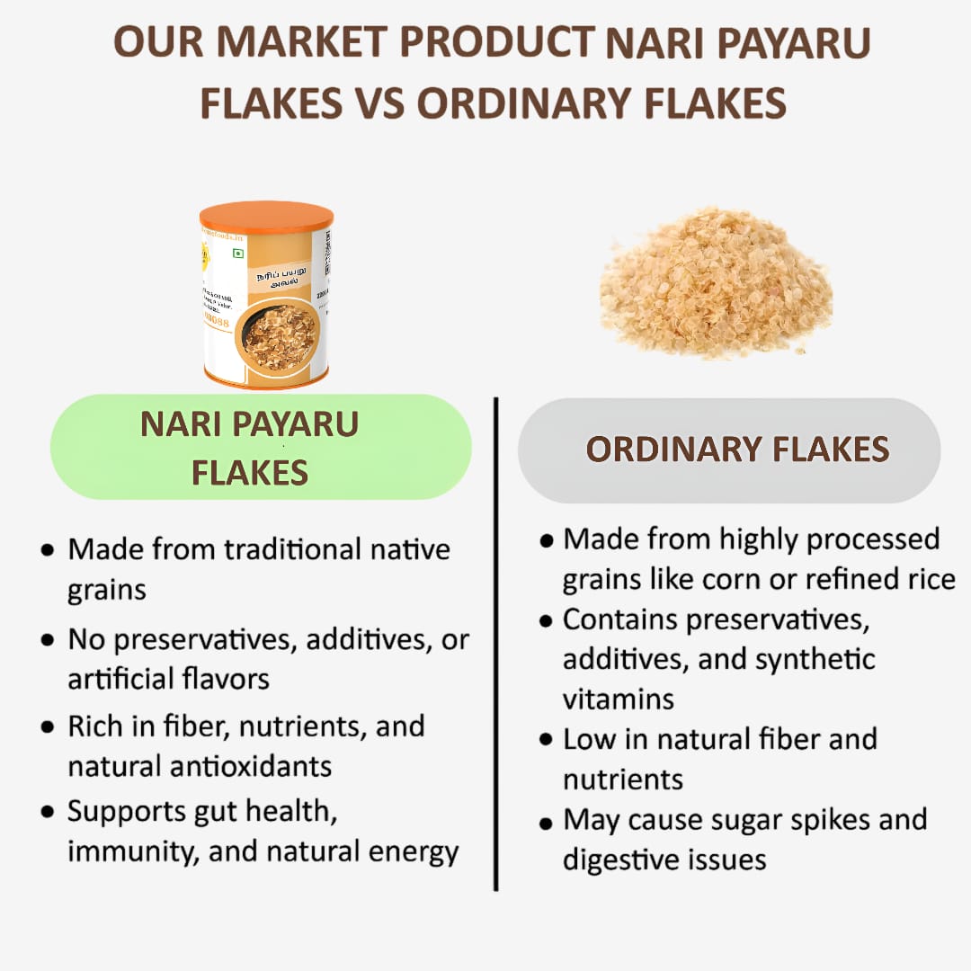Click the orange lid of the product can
(x=266, y=217)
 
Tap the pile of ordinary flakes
(x=716, y=283)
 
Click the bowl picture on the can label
(x=280, y=337)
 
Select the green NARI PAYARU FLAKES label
(x=260, y=448)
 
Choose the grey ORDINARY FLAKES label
(x=729, y=450)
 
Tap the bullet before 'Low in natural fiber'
(x=546, y=740)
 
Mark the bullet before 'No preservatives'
(x=48, y=641)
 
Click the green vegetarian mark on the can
(x=238, y=254)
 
